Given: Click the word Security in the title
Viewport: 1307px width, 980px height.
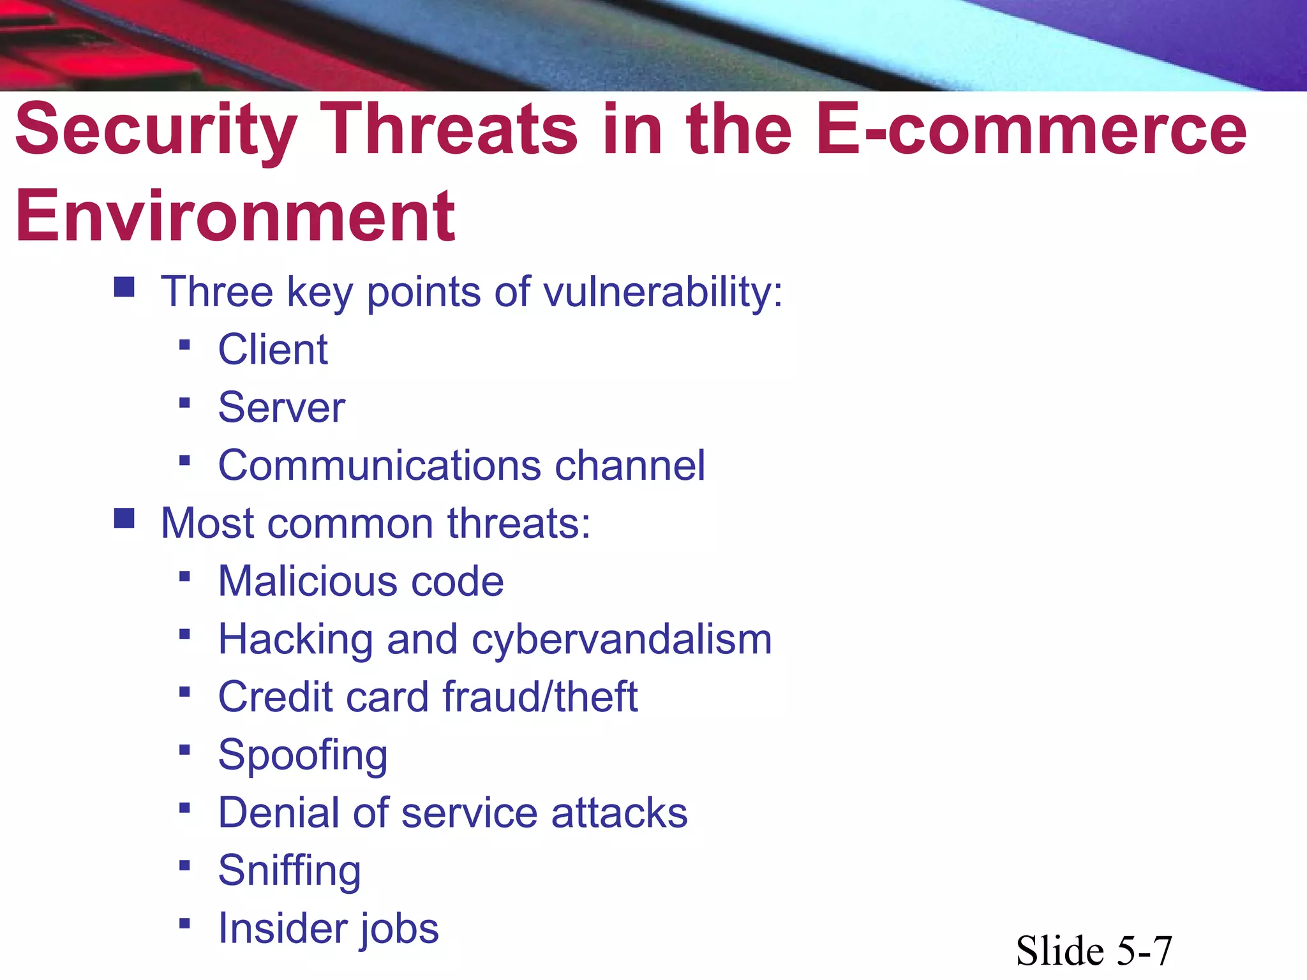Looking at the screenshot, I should [x=156, y=131].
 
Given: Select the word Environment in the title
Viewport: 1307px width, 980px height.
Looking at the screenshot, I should [x=235, y=217].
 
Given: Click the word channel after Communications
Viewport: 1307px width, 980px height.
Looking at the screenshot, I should [x=630, y=465].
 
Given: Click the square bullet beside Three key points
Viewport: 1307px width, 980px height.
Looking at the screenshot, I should [x=124, y=287].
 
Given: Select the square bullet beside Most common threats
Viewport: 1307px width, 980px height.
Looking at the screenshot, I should [x=124, y=519].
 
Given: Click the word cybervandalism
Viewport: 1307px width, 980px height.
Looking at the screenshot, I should [x=622, y=639].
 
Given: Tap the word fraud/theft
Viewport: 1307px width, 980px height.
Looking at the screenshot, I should [x=540, y=697].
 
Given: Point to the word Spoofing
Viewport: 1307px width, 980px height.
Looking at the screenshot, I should [x=302, y=755].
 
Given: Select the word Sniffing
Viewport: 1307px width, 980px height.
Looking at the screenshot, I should [x=289, y=871].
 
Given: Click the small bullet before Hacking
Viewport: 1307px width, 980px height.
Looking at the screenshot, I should [x=184, y=634].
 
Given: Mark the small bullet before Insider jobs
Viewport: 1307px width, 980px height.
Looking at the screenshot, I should [x=184, y=923].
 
